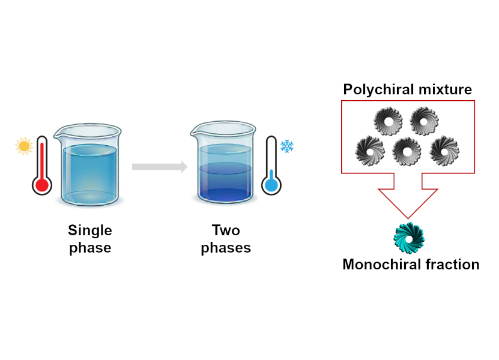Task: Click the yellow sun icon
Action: pos(24,146)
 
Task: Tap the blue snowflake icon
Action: pos(287,146)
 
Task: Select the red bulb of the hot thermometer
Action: pos(42,185)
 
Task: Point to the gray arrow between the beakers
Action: pos(160,167)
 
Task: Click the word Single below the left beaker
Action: pos(90,230)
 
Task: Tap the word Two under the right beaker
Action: pos(226,230)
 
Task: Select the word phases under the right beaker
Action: pos(226,248)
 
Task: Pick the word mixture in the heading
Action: pos(445,89)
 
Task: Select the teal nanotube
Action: pos(410,238)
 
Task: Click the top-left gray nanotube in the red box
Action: pos(388,121)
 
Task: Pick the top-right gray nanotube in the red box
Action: pos(424,121)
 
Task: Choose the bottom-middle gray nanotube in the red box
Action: pos(407,151)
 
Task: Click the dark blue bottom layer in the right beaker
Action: pos(225,194)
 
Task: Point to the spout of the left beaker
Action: pos(57,136)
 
